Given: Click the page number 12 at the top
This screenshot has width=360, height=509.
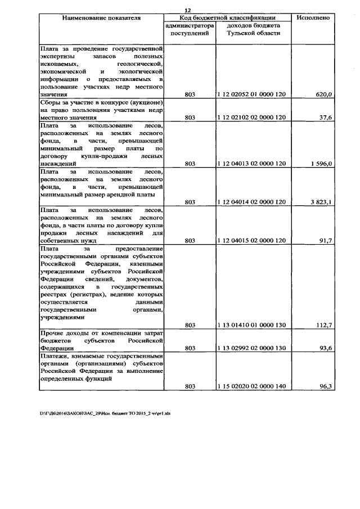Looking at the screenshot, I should [x=188, y=10].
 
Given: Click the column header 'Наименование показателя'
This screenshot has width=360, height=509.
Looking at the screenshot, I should [x=101, y=18].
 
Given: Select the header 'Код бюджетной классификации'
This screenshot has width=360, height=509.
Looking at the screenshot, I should [x=227, y=18].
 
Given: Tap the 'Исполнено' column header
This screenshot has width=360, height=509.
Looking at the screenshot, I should [x=313, y=18].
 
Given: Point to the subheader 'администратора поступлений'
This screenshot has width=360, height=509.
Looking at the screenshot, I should [x=190, y=30].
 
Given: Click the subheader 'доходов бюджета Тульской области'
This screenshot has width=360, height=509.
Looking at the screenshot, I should [x=253, y=30].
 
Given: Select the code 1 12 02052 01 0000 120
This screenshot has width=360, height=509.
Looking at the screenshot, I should [x=252, y=95].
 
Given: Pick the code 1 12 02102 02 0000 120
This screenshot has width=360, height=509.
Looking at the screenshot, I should [x=252, y=118].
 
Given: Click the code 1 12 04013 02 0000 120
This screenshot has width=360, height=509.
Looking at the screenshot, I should [x=252, y=163].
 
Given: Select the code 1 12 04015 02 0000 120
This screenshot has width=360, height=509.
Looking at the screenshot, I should [x=252, y=240].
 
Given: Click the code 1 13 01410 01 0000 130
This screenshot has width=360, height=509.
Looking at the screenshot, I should [x=252, y=325].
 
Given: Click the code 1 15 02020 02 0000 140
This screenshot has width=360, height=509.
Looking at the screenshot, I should [x=252, y=386].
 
